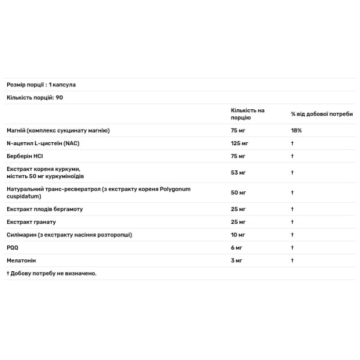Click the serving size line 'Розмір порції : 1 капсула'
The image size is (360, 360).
(41, 85)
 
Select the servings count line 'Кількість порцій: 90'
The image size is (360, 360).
(35, 98)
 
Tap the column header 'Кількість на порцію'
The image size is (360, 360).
(247, 114)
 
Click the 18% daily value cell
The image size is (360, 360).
(296, 130)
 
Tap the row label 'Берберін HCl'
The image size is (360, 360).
(26, 156)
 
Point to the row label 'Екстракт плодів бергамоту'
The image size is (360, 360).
(44, 209)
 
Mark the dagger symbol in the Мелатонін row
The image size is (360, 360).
(292, 260)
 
